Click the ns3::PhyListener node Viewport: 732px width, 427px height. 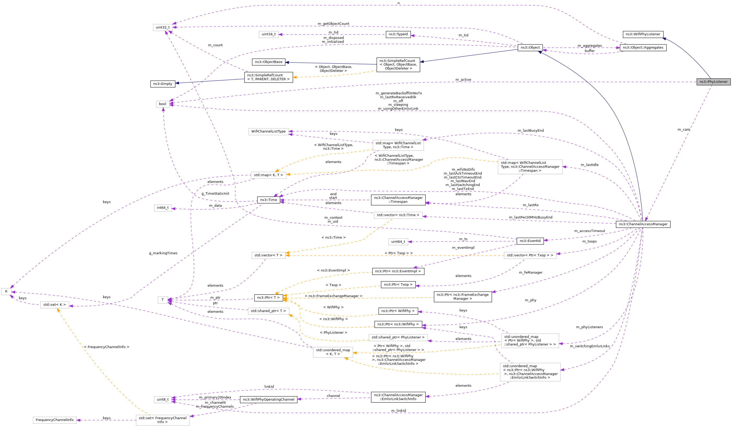click(x=713, y=82)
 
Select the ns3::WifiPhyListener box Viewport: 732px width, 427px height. click(x=643, y=34)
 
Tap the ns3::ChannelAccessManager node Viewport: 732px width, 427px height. click(x=643, y=224)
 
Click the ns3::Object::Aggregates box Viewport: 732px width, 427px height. click(x=643, y=48)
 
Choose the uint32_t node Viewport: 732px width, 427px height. click(x=163, y=27)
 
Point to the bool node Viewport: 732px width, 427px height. click(x=163, y=104)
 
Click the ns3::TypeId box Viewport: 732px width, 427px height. click(x=398, y=34)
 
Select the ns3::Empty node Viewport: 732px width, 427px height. click(x=163, y=84)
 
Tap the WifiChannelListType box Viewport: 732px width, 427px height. click(x=268, y=131)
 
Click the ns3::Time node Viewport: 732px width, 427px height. click(x=268, y=200)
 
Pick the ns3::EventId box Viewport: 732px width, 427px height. click(x=530, y=241)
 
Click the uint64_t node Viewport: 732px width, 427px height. click(x=398, y=241)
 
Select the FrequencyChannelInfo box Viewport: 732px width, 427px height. click(x=55, y=420)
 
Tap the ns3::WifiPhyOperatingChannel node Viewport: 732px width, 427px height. click(x=268, y=399)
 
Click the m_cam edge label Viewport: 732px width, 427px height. click(x=683, y=130)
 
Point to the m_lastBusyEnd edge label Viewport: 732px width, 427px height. click(x=530, y=130)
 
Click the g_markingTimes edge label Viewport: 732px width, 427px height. click(x=163, y=253)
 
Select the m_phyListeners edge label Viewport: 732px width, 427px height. click(x=589, y=327)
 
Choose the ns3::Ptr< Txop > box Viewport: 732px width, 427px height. click(x=398, y=285)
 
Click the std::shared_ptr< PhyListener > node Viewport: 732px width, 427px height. click(x=398, y=337)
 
